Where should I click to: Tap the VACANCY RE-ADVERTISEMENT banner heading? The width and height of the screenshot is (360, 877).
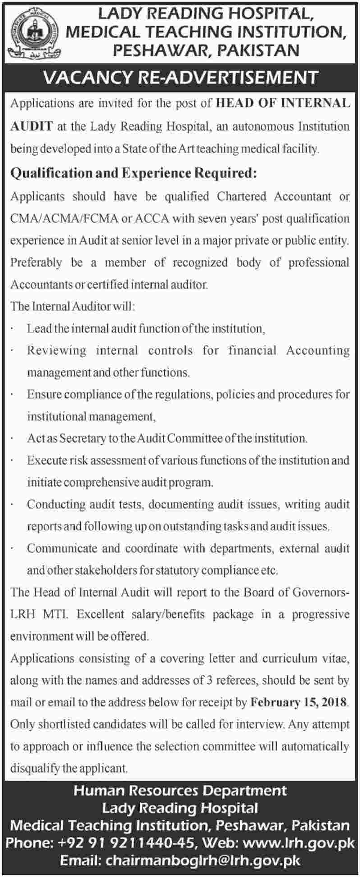pyautogui.click(x=180, y=77)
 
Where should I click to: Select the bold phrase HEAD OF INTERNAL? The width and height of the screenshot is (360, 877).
pyautogui.click(x=283, y=104)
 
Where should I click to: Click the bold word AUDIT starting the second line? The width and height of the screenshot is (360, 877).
pyautogui.click(x=31, y=126)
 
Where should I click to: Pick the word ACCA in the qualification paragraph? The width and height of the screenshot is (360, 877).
pyautogui.click(x=151, y=219)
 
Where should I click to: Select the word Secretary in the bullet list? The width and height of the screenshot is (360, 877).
pyautogui.click(x=82, y=438)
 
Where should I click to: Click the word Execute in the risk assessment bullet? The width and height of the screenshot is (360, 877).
pyautogui.click(x=46, y=461)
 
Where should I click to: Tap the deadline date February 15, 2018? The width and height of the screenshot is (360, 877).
pyautogui.click(x=299, y=702)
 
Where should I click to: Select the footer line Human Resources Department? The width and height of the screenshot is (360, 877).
pyautogui.click(x=180, y=791)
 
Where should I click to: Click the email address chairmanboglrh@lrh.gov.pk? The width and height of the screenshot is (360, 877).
pyautogui.click(x=202, y=861)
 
